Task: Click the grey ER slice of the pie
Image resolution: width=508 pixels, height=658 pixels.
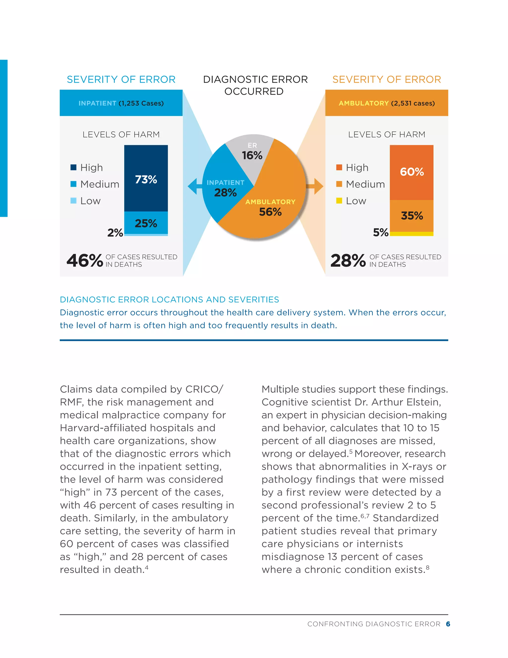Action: pyautogui.click(x=252, y=152)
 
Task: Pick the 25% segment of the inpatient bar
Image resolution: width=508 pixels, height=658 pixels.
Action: pyautogui.click(x=146, y=223)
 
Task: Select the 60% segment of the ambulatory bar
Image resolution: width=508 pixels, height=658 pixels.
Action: pyautogui.click(x=412, y=172)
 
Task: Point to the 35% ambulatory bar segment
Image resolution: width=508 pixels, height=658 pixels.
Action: pyautogui.click(x=412, y=216)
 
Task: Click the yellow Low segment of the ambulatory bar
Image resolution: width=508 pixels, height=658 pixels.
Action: pyautogui.click(x=412, y=234)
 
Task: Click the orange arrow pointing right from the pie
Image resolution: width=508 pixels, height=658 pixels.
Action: pyautogui.click(x=316, y=186)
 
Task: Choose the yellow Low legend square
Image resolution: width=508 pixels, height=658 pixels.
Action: pyautogui.click(x=339, y=201)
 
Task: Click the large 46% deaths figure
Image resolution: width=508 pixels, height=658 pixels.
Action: pyautogui.click(x=85, y=261)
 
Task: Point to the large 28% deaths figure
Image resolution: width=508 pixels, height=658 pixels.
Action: pyautogui.click(x=348, y=261)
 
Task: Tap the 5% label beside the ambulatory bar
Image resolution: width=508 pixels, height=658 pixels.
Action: pyautogui.click(x=381, y=232)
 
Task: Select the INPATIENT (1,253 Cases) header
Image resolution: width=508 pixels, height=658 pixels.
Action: pyautogui.click(x=121, y=103)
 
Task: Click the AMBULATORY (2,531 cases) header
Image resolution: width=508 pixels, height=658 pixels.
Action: pyautogui.click(x=387, y=103)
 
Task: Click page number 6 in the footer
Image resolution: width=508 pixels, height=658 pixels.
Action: pyautogui.click(x=448, y=624)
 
